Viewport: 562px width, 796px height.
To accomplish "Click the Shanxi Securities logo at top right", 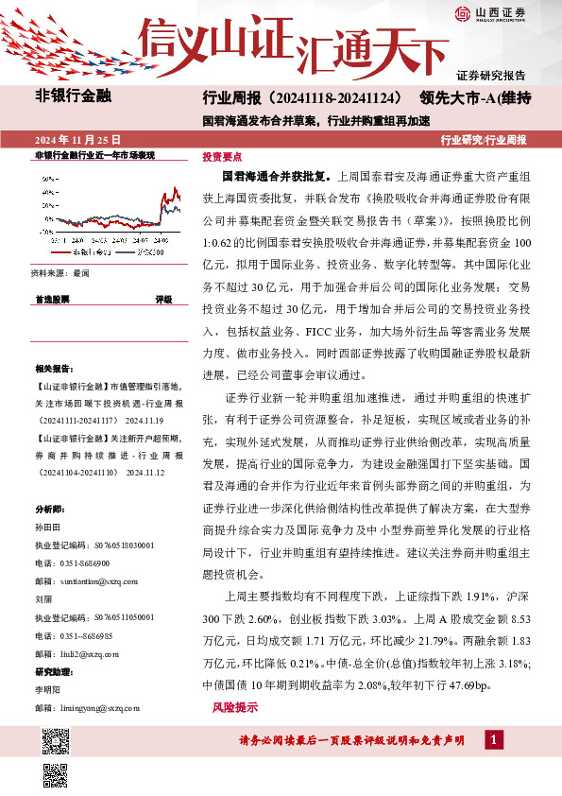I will tap(489, 13).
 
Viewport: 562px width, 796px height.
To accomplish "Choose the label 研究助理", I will tap(53, 672).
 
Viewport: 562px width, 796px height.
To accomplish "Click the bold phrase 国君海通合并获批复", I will tap(276, 177).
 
